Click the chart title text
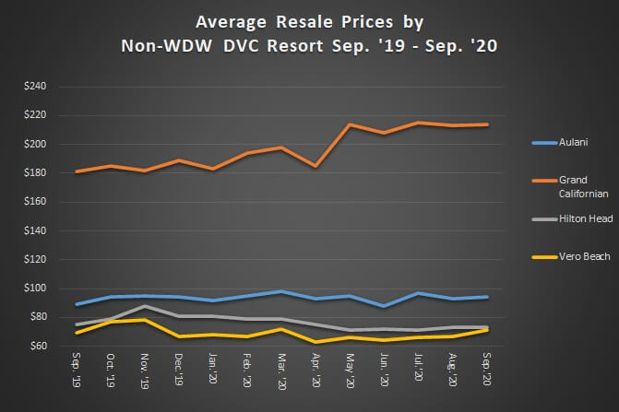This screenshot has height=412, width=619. click(308, 33)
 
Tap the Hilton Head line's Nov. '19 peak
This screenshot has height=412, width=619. click(146, 306)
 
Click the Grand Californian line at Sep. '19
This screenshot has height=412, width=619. click(77, 171)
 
